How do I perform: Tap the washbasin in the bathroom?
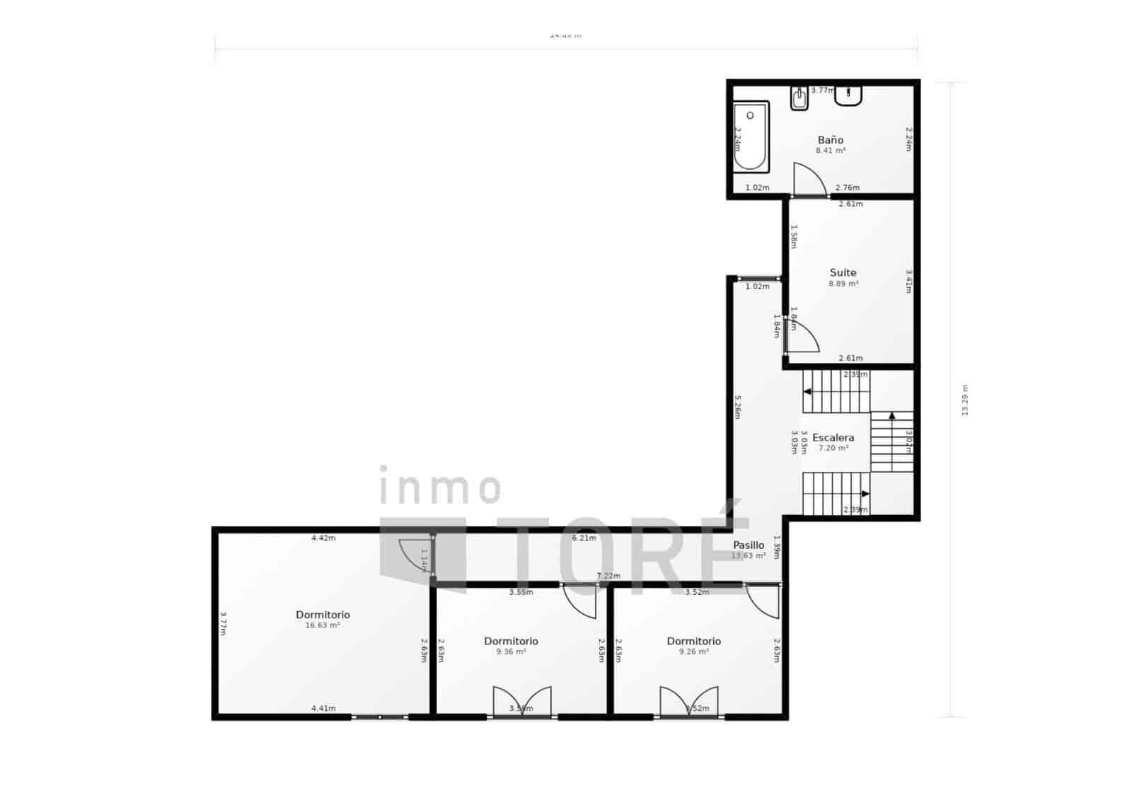[848, 95]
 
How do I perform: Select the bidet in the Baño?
[800, 98]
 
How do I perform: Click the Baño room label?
[831, 140]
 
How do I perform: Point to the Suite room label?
[843, 272]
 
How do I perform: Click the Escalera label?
[833, 438]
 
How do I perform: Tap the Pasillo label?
[749, 545]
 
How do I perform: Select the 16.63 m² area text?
[323, 626]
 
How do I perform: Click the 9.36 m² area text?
[511, 652]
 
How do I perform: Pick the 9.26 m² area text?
[693, 652]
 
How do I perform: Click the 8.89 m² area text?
[843, 284]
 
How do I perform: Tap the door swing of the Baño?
[808, 180]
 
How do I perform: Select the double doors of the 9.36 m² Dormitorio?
[522, 702]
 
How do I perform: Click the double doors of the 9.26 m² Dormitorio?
[689, 702]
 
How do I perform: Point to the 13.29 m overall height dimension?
[964, 400]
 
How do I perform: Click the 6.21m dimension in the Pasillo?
[584, 538]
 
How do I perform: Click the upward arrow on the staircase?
[892, 416]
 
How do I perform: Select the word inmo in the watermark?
[440, 488]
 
